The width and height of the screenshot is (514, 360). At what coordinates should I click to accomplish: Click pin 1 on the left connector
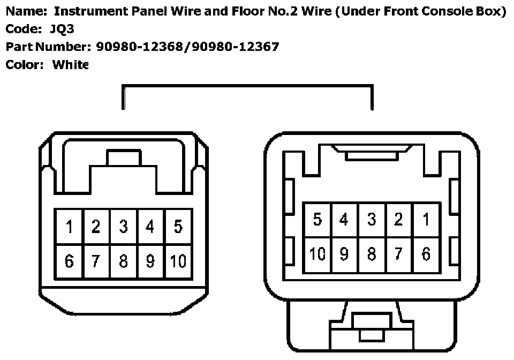click(70, 227)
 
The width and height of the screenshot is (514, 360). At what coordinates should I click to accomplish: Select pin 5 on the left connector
click(178, 227)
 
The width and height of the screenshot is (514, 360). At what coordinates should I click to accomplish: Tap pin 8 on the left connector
click(124, 261)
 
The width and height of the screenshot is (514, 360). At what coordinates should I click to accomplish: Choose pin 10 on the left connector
click(178, 261)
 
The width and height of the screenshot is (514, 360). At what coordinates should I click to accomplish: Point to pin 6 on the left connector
click(70, 261)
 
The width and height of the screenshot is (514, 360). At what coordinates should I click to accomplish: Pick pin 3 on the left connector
click(124, 227)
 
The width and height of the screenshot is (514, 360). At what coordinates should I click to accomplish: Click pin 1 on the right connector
click(426, 220)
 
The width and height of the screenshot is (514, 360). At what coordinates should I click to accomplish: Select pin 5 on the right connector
click(318, 220)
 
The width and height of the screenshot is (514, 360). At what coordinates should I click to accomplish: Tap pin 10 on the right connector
click(318, 254)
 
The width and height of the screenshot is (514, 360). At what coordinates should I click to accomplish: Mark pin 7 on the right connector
click(399, 254)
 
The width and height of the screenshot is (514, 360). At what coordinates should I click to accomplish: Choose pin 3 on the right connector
click(372, 220)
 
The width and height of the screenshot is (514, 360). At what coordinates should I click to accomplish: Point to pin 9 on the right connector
click(344, 254)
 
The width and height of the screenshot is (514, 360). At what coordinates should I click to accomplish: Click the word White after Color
click(70, 64)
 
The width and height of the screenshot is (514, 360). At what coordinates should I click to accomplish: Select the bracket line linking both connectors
click(247, 86)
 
